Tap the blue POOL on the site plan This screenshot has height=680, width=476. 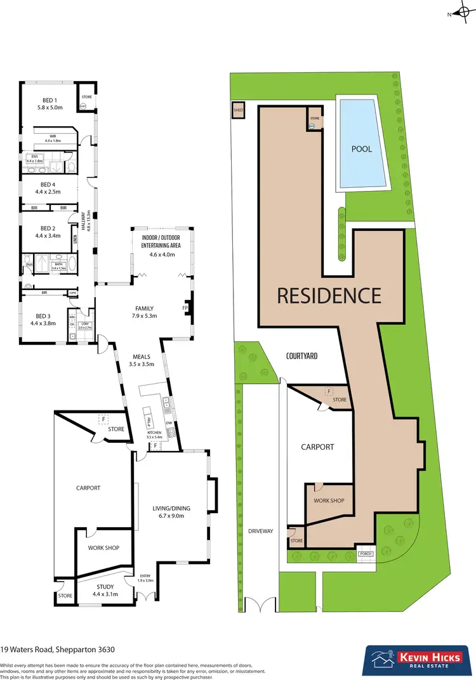[362, 143]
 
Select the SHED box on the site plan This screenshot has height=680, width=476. [239, 110]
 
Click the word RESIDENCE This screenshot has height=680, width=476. [328, 296]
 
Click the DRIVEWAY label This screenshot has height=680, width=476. [260, 531]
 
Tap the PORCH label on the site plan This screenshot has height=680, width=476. [365, 554]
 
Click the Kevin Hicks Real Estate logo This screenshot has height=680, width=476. [412, 660]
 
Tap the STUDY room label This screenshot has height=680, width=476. [105, 591]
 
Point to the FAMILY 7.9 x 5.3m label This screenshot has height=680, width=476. [145, 312]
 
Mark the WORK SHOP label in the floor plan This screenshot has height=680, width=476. [103, 548]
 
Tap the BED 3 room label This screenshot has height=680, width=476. [42, 319]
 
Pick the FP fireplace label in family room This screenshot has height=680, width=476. [185, 308]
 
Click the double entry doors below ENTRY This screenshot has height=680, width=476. [146, 598]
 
